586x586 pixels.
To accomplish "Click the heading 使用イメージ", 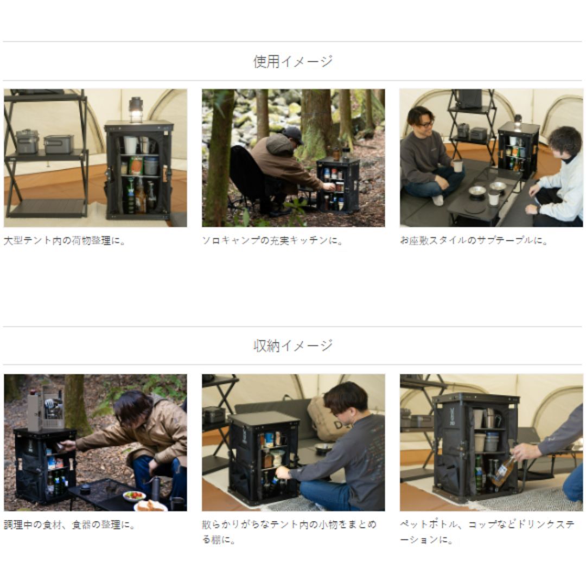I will [x=292, y=62].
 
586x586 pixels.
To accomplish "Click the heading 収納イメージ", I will [x=292, y=346].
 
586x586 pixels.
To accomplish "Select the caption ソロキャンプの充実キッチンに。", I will [x=273, y=240].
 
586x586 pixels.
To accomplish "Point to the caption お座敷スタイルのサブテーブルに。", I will [x=474, y=240].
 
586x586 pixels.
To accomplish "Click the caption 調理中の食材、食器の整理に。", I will [x=69, y=525].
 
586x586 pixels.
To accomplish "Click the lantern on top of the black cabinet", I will [x=136, y=109].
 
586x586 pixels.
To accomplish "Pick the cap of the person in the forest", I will [x=294, y=134].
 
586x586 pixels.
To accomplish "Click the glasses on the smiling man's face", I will [x=425, y=124].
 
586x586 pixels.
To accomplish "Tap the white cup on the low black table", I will [x=493, y=199].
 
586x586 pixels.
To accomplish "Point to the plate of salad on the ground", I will [x=134, y=495].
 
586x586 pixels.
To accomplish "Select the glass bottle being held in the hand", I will [x=503, y=470].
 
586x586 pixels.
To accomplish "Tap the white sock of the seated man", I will [x=437, y=200].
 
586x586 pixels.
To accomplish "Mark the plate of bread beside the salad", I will [x=150, y=506].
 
